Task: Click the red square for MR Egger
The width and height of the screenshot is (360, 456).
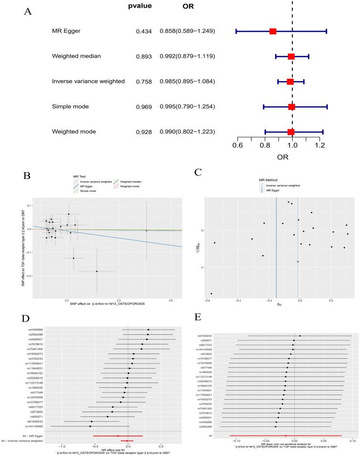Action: click(273, 31)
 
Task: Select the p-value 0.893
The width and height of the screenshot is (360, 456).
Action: click(144, 56)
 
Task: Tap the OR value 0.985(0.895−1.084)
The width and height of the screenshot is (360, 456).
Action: click(189, 82)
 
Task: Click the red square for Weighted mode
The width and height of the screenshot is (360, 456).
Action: click(291, 132)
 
